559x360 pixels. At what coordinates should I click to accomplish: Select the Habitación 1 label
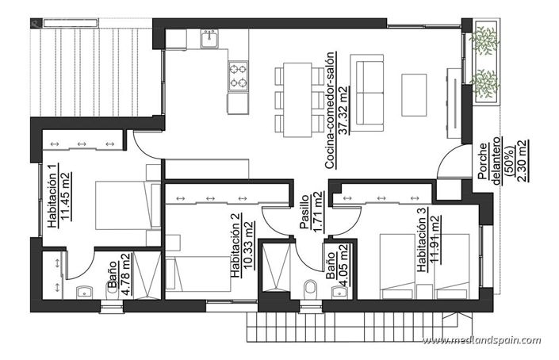(52, 196)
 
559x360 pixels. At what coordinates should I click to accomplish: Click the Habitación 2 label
(235, 247)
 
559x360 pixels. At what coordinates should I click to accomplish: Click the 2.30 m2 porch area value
(521, 161)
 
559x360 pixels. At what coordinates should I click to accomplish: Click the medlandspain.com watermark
(481, 341)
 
